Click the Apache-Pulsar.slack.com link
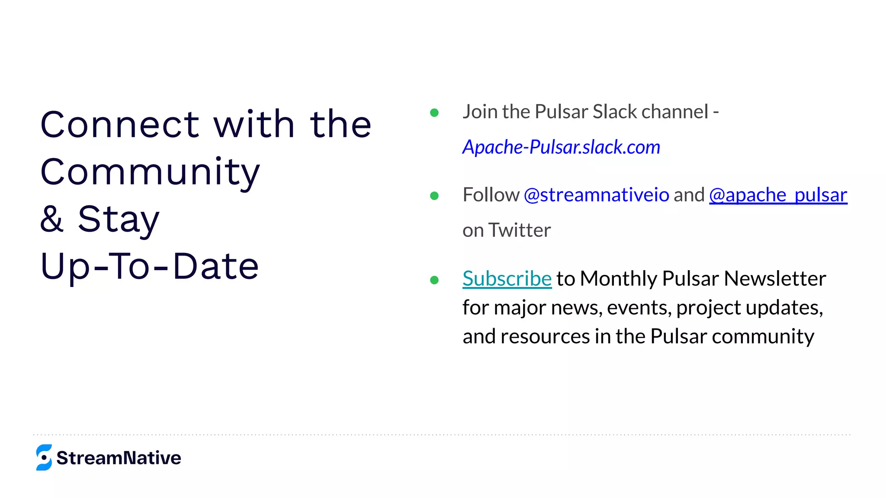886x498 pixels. tap(561, 147)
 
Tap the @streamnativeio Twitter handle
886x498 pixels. tap(596, 195)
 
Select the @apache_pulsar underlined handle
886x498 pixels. tap(778, 195)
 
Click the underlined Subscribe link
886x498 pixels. tap(507, 278)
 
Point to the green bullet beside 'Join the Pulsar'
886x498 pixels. tap(434, 113)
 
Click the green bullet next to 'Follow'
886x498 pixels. tap(434, 196)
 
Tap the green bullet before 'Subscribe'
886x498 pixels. tap(434, 280)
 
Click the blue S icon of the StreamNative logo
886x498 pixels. tap(44, 457)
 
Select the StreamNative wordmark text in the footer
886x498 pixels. tap(119, 458)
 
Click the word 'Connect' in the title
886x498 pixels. tap(120, 124)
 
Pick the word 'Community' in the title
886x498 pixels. tap(150, 172)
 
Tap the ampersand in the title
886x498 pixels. tap(52, 219)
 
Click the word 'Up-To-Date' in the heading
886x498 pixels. tap(150, 266)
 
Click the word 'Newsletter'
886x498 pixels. tap(775, 278)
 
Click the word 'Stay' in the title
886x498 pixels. tap(119, 219)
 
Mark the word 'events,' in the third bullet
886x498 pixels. tap(639, 308)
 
